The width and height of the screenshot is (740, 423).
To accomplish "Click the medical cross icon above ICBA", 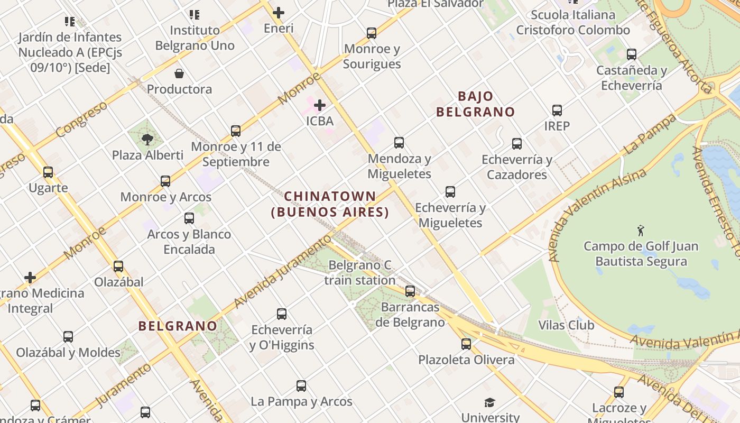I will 320,105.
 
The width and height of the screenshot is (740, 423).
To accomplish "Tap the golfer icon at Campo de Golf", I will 641,231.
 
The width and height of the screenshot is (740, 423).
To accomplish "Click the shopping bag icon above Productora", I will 179,73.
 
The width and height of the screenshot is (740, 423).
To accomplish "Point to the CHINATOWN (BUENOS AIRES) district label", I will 330,204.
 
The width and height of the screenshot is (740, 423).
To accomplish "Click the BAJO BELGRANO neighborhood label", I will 475,104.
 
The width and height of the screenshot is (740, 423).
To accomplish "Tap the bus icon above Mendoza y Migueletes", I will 399,143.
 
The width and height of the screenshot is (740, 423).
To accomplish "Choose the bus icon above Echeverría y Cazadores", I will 517,144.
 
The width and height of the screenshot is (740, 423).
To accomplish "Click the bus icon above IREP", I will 557,111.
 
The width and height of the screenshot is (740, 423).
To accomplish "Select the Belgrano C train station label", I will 360,272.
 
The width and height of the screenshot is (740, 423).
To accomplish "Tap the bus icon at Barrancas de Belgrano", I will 410,291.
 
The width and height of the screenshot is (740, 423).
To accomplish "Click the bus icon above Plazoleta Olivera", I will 466,344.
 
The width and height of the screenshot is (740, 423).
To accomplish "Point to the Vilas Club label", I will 566,325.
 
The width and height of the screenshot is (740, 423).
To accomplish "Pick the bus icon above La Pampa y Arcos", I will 301,386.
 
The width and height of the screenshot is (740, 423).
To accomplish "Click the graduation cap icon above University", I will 490,403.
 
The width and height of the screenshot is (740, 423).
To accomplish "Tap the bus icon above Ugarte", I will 48,172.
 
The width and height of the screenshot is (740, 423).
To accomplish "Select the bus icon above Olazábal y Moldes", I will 68,337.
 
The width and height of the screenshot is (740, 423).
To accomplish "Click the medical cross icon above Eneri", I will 279,13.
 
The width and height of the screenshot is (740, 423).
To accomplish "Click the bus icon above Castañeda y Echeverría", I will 632,54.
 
